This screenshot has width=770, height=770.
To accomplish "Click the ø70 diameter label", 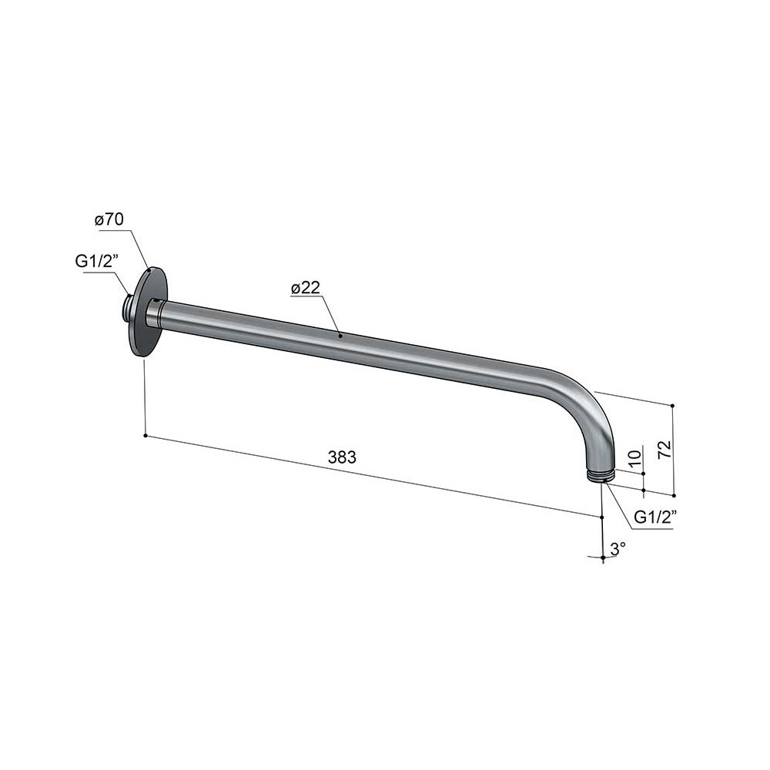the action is point(109,219).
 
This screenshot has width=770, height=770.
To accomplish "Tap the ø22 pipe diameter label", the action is point(305,288).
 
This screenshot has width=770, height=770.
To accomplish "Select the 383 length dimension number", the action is point(342,457).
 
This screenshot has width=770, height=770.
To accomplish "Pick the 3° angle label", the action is point(618,548).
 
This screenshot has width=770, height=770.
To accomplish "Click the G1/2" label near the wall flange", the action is point(97,262).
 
